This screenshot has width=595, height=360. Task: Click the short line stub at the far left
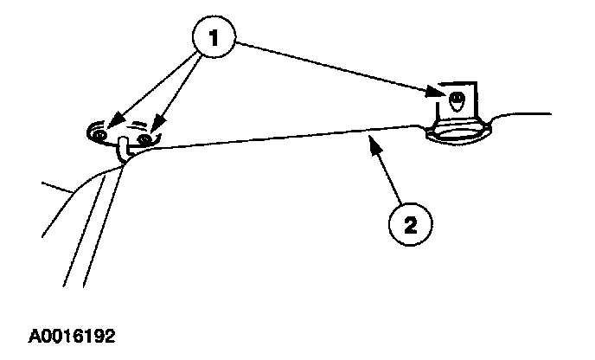click(x=57, y=186)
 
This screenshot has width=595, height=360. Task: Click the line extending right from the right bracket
click(x=523, y=112)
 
